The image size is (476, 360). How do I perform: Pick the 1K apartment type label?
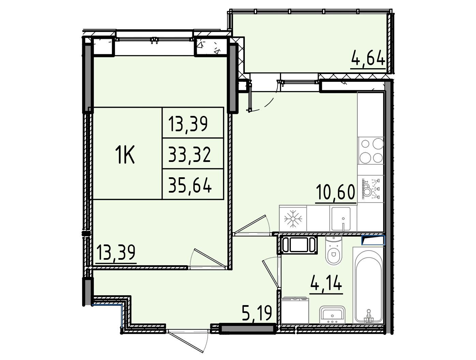125,154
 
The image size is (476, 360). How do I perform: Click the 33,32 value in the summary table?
189,154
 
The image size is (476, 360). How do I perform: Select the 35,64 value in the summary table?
190,185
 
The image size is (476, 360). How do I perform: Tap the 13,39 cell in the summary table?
188,124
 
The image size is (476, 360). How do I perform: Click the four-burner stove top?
371,151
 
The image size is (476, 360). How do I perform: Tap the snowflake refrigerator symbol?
293,219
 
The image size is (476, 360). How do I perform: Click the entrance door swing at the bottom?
188,341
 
